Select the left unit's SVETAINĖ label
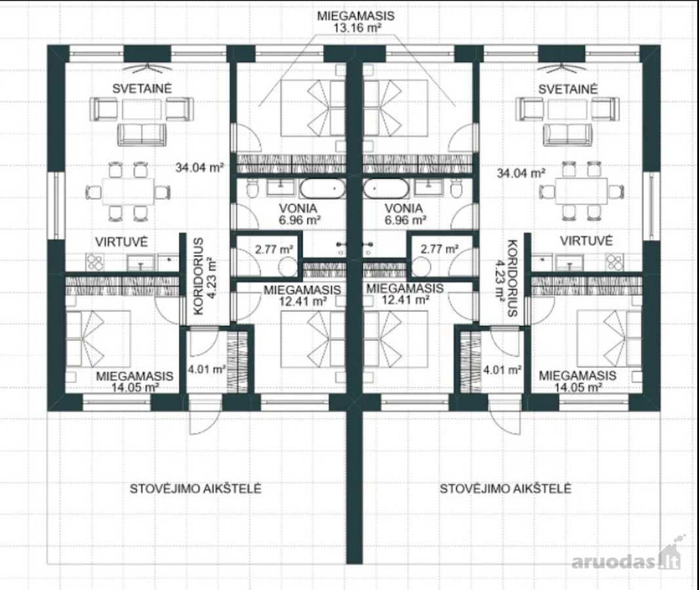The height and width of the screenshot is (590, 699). coord(142,88)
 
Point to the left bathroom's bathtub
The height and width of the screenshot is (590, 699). coord(323,189)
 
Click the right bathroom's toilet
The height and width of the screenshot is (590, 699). coord(456,189)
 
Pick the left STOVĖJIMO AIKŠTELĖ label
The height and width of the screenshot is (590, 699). coord(195,489)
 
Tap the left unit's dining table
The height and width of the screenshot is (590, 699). coord(128,191)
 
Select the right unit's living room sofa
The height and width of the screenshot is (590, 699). coord(567,134)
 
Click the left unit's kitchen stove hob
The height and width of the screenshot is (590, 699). coord(95,262)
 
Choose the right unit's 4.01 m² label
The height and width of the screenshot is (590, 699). coord(502,370)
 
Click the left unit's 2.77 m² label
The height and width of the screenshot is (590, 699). coord(273,249)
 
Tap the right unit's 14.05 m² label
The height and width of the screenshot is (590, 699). coord(577,387)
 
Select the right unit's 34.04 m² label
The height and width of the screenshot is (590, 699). coord(521,173)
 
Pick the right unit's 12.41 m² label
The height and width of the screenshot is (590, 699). coord(405,300)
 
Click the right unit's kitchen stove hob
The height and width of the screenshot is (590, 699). coord(614,262)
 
